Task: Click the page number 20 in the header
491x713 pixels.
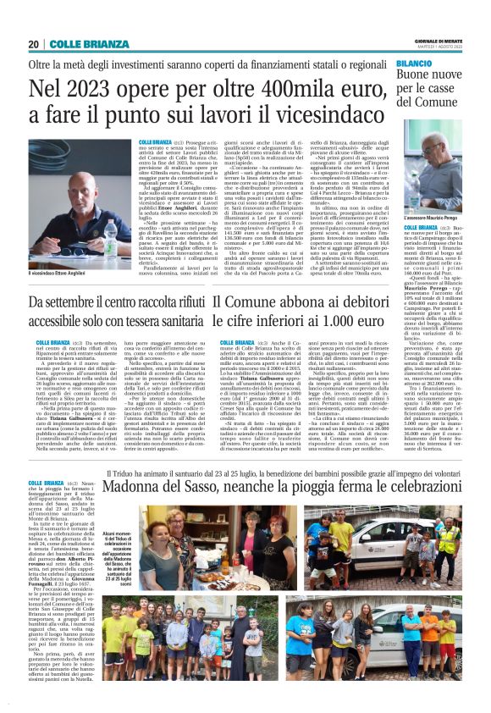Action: (x=34, y=44)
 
